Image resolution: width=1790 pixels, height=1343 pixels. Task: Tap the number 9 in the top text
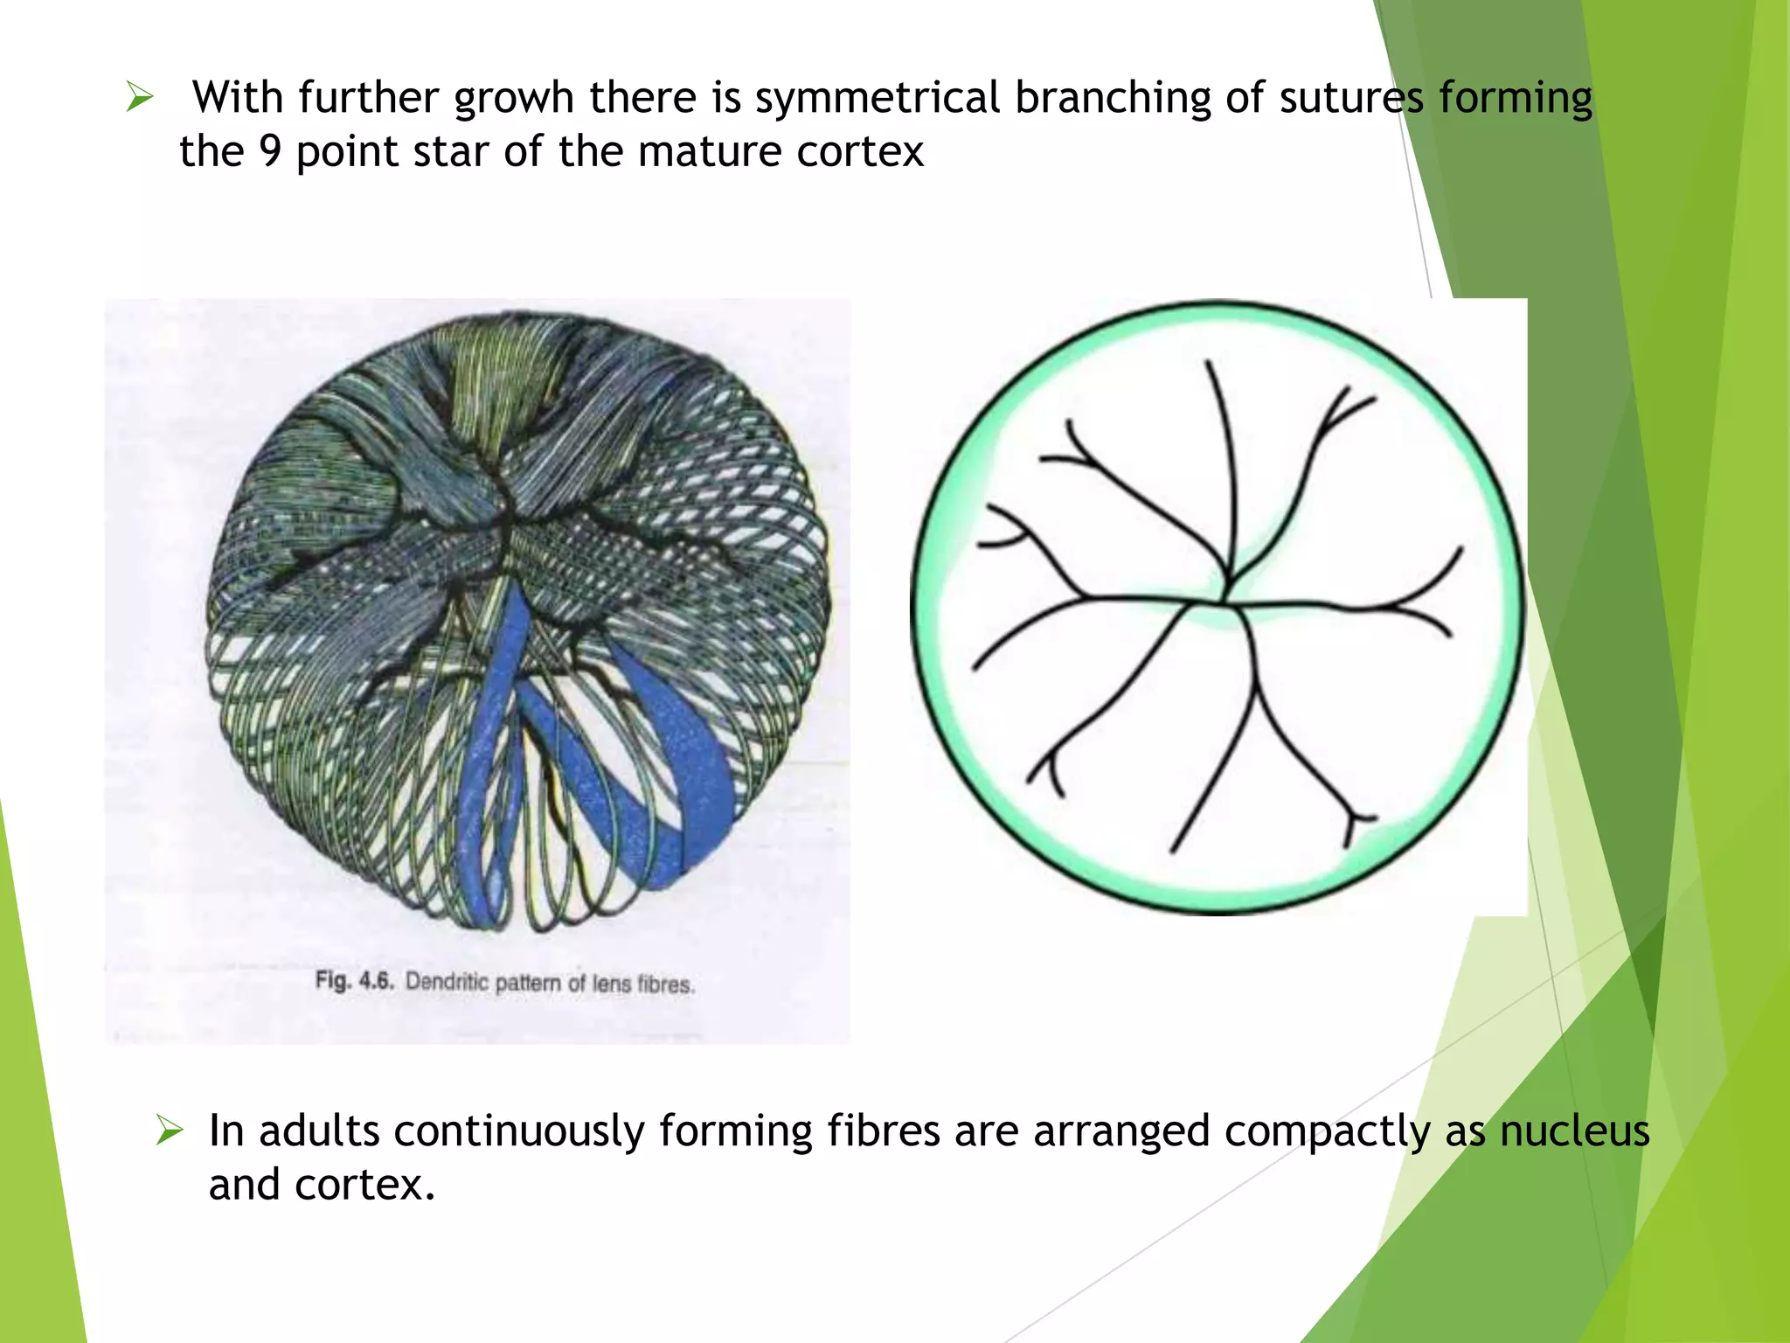[270, 152]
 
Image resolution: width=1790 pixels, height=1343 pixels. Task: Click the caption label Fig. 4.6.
[355, 980]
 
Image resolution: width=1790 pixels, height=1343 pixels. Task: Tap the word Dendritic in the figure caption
[447, 982]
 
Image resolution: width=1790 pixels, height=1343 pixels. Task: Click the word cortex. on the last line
[364, 1186]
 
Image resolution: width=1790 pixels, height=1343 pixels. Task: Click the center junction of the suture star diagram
[1224, 600]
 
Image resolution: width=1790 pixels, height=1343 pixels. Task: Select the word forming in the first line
[1516, 98]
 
